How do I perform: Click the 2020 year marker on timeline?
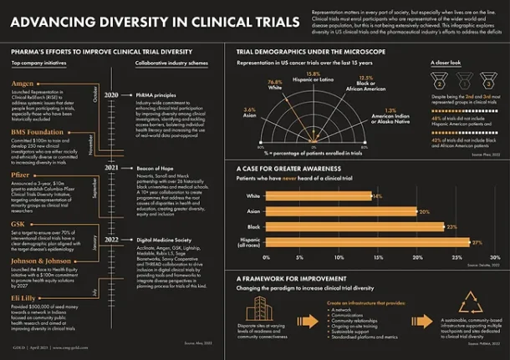111,96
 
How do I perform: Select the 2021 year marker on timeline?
111,167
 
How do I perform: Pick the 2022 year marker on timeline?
111,240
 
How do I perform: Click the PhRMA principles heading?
157,96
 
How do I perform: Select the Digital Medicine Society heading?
166,240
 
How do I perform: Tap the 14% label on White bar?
378,196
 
